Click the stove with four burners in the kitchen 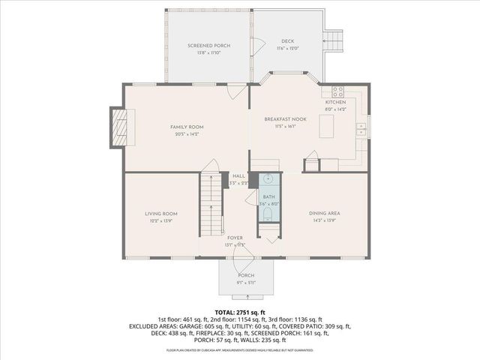tap(337, 93)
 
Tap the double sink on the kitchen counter tap(361, 125)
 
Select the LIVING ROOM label tap(160, 214)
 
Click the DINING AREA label tap(324, 214)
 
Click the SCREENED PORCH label tap(208, 46)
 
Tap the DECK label tap(288, 40)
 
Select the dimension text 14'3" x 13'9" tap(324, 221)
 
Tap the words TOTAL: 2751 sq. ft tap(240, 311)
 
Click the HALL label tap(238, 175)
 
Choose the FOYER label tap(235, 238)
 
